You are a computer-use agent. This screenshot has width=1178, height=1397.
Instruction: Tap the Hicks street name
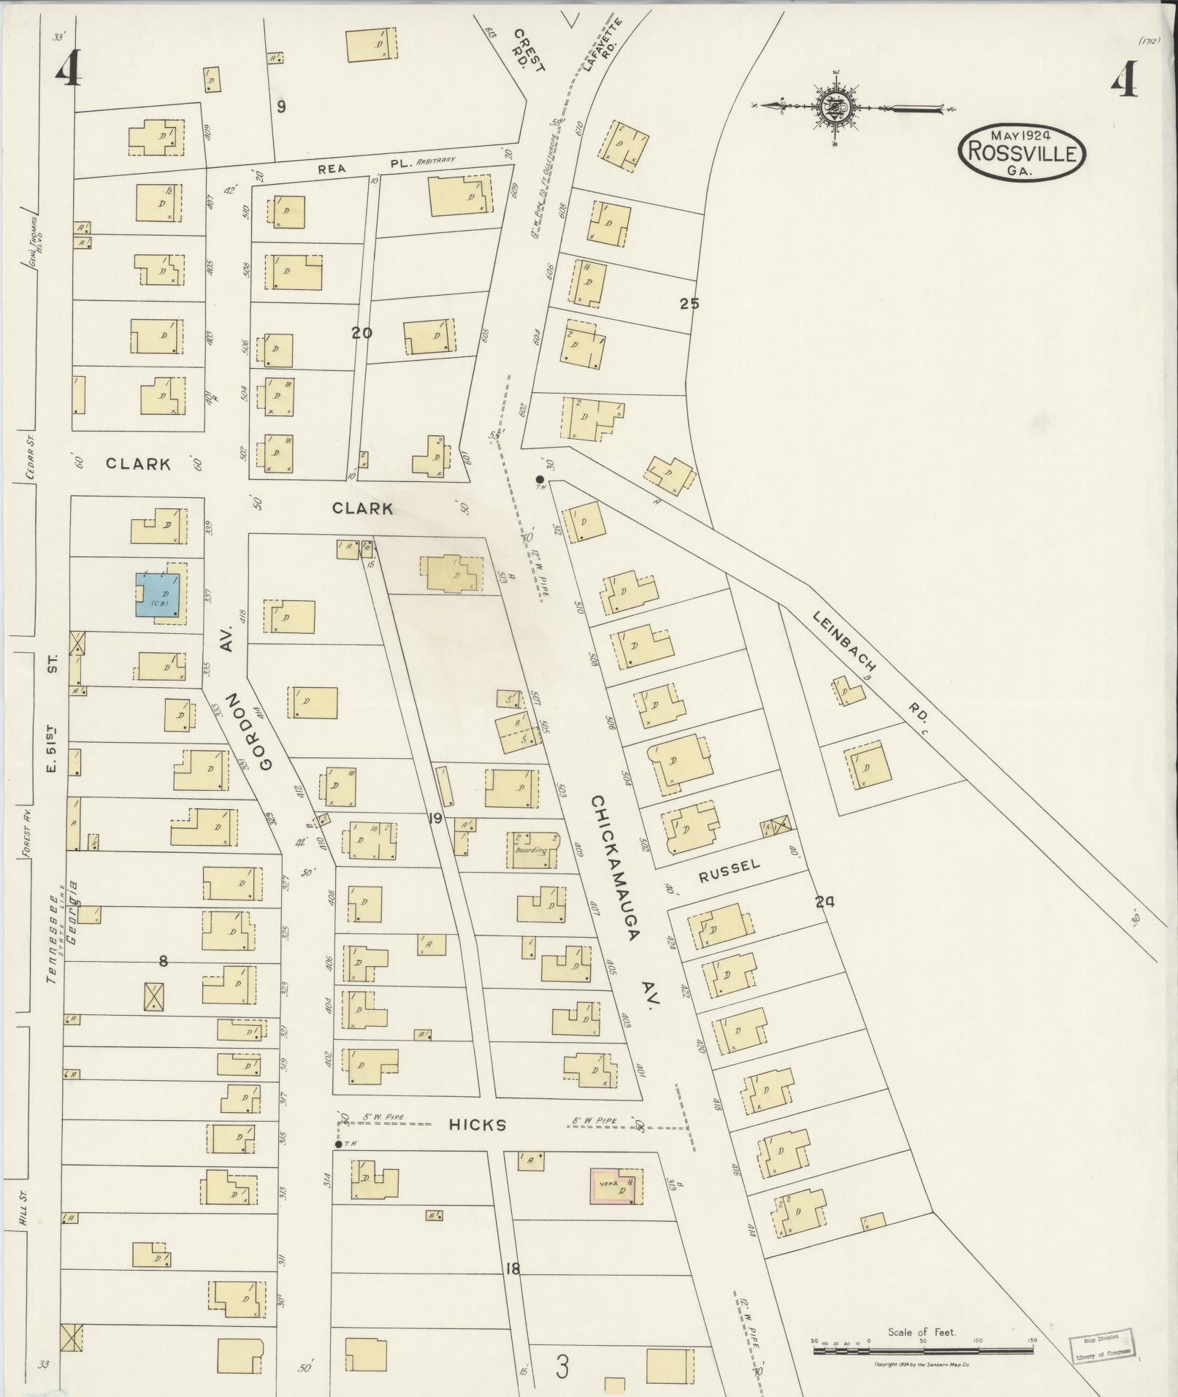478,1125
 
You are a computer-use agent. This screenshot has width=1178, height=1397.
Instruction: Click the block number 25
689,304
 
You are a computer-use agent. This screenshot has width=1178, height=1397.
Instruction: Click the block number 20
362,333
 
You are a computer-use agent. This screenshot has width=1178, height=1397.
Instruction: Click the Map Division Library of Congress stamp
1104,1345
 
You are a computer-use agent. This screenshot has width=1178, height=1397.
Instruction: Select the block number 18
512,1268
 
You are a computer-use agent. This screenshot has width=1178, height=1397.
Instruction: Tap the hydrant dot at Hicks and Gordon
337,1144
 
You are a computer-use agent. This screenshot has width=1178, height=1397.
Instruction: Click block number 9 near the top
281,107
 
